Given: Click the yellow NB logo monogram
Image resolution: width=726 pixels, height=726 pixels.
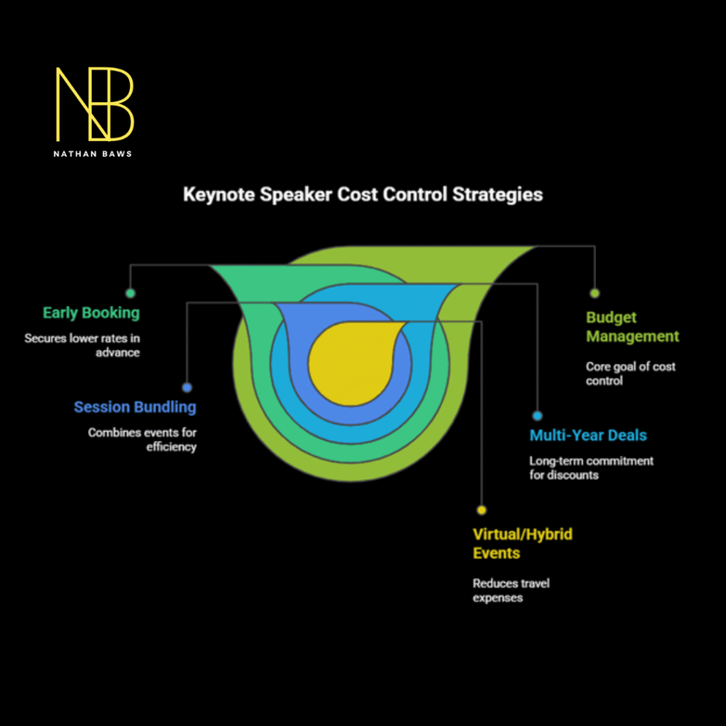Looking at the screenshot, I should click(94, 104).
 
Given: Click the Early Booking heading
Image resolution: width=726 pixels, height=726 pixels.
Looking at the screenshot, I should click(91, 313).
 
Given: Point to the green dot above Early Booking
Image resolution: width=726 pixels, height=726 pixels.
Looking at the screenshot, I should click(130, 293).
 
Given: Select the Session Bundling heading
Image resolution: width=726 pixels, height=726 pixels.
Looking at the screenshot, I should click(135, 407).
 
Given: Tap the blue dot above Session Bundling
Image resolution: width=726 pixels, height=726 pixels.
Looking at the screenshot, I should click(186, 388).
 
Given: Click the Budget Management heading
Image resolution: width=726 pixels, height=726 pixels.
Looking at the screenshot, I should click(632, 327).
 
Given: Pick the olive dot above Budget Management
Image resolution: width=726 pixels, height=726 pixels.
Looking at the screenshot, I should click(594, 293).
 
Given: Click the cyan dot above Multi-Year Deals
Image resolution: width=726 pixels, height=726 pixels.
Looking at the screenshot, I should click(537, 416).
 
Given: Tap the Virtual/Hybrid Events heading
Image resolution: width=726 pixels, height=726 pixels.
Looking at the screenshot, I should click(522, 543).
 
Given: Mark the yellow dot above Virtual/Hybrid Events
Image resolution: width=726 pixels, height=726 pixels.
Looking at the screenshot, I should click(481, 510).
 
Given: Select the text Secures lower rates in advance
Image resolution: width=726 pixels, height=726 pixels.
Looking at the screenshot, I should click(82, 345).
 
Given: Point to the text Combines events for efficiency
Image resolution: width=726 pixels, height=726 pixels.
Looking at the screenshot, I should click(142, 440).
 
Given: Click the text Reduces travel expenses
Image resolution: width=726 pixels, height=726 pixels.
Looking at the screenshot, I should click(510, 590).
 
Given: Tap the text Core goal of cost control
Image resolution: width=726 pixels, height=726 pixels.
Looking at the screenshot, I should click(630, 374).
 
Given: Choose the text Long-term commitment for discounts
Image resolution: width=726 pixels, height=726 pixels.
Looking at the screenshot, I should click(591, 468).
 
